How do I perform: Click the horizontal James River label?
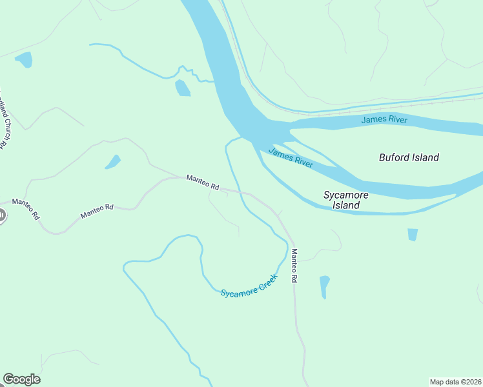(384, 119)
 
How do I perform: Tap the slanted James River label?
(291, 157)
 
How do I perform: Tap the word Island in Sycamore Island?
(345, 206)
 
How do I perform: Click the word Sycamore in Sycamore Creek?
(238, 292)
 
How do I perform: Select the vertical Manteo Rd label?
(294, 266)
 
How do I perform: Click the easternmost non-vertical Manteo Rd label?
(203, 182)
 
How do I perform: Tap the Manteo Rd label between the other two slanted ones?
(97, 211)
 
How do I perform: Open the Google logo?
(21, 379)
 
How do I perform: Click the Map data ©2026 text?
(455, 381)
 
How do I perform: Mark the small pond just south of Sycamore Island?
(413, 235)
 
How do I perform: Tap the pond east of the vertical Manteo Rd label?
(324, 286)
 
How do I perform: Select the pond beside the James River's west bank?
(183, 88)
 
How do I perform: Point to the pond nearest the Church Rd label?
(24, 60)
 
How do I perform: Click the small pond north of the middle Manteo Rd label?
(113, 162)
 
